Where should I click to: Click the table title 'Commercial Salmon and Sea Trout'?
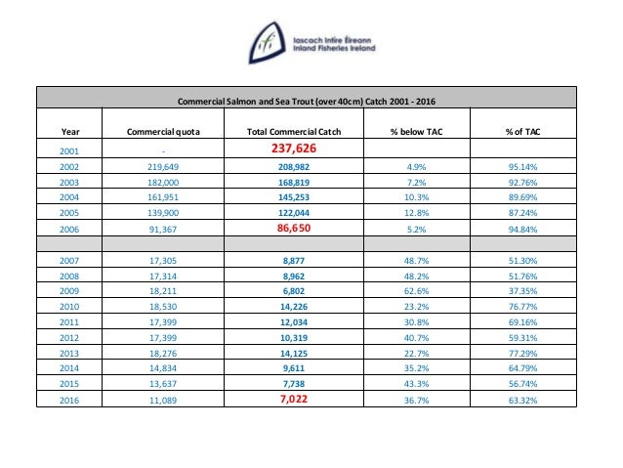[x=308, y=103]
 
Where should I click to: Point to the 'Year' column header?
[x=70, y=131]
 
